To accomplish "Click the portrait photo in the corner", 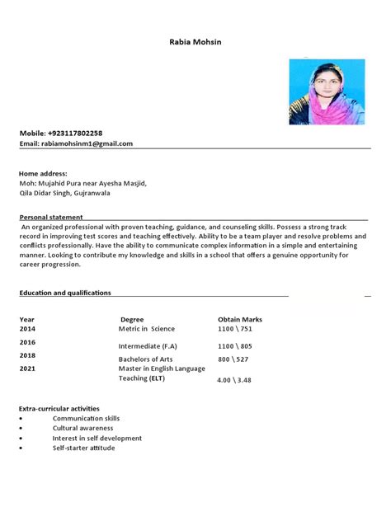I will coord(326,92).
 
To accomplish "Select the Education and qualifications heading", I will coord(65,293).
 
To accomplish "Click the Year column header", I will coord(27,319).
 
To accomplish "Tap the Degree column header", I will coord(132,319).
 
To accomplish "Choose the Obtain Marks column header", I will coord(239,319).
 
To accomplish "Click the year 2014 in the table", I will coord(28,328).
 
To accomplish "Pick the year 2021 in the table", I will coord(28,368).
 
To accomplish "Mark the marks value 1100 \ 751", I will coord(234,328).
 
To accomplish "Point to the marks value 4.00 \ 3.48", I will coord(233,380).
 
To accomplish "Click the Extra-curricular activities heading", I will coord(59,408).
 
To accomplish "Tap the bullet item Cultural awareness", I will coord(82,429).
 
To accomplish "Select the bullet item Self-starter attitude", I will coord(85,448).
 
